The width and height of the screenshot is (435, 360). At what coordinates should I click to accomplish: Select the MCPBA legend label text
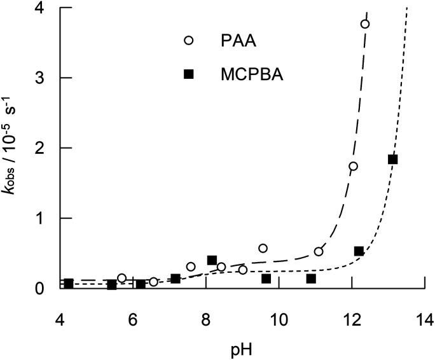(x=252, y=75)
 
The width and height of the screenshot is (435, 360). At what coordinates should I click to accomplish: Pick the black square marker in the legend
(x=188, y=75)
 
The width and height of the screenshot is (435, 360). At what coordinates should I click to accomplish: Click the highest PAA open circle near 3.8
(x=365, y=24)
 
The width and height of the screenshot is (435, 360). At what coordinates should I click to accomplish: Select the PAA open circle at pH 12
(x=354, y=167)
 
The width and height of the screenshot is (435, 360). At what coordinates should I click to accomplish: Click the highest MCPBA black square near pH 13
(x=392, y=160)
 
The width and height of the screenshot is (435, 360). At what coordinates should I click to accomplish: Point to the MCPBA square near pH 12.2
(x=359, y=251)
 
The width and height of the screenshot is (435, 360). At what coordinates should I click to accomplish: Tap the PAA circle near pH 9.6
(x=263, y=248)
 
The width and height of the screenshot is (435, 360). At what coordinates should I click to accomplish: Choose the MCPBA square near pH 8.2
(x=212, y=260)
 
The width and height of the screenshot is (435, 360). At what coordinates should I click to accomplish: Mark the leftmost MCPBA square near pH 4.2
(x=68, y=284)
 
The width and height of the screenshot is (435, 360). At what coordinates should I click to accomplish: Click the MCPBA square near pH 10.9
(x=311, y=279)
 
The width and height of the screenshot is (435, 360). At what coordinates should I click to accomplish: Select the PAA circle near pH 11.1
(x=319, y=252)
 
